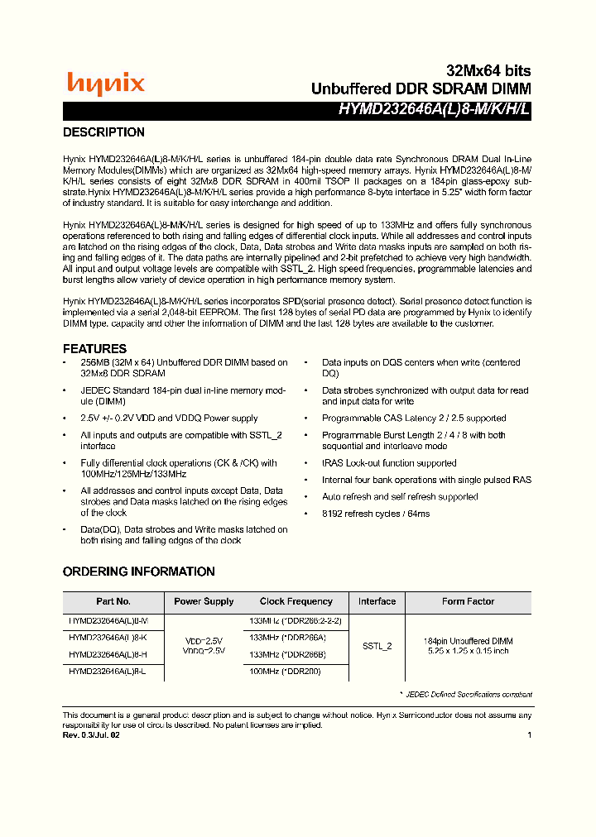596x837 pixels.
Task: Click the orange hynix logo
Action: tap(105, 83)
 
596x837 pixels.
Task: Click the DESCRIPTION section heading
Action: tap(103, 132)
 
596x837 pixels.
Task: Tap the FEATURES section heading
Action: tap(94, 349)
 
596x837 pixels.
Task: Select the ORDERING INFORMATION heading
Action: tap(138, 572)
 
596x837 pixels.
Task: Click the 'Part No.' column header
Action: tap(113, 602)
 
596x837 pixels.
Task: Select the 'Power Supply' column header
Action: tap(204, 602)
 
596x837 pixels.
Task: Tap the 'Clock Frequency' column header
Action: tap(296, 602)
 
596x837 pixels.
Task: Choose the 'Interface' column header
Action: tap(377, 601)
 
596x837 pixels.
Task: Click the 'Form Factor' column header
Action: tap(468, 602)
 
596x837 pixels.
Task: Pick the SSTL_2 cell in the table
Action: tap(377, 646)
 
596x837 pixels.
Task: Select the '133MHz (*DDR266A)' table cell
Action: tap(287, 637)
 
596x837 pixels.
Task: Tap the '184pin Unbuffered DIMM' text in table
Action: tap(468, 641)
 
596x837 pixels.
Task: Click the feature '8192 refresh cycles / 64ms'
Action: tap(376, 514)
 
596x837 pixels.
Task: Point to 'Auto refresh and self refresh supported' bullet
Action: tap(400, 497)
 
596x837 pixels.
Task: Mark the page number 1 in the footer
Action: tap(529, 735)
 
